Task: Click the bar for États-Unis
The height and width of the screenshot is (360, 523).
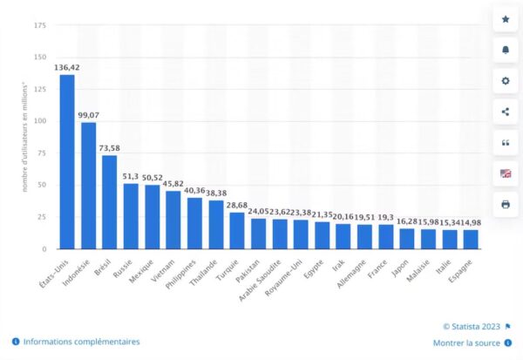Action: pos(67,162)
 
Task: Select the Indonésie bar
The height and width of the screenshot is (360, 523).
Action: pos(88,186)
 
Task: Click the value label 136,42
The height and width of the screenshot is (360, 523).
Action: pos(67,65)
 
